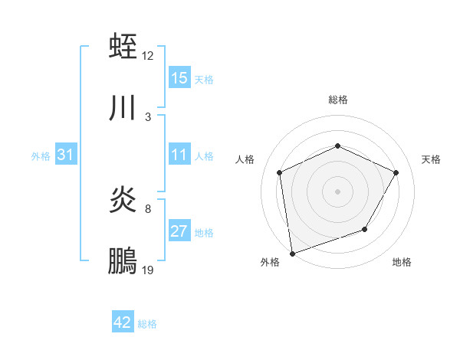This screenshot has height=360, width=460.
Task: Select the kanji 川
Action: coord(123,108)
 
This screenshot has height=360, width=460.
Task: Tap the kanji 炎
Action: coord(123,200)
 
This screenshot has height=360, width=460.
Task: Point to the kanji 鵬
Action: coord(123,261)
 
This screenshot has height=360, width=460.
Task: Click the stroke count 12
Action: coord(148,56)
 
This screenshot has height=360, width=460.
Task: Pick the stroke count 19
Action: coord(148,270)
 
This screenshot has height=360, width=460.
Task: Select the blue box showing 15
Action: coord(179,78)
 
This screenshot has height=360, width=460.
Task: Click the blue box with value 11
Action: coord(179,155)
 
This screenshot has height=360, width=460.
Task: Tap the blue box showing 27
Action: coord(179,231)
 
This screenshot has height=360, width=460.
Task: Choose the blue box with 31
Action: coord(66,155)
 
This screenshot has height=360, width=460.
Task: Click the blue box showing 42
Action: coord(123,322)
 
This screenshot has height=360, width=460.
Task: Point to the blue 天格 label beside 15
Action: coord(204,79)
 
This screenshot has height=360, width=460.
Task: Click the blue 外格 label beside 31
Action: coord(41,155)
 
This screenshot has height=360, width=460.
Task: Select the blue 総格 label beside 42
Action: coord(147,324)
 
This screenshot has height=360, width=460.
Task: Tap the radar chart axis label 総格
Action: coord(338,100)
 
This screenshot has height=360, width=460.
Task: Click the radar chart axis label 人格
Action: coord(245,159)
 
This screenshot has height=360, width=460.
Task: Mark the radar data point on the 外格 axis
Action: coord(292,253)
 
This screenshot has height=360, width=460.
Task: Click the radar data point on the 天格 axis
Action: coord(396,172)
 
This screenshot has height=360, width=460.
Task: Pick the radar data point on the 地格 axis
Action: coord(365,229)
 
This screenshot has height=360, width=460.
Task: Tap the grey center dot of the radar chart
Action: coord(337,191)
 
